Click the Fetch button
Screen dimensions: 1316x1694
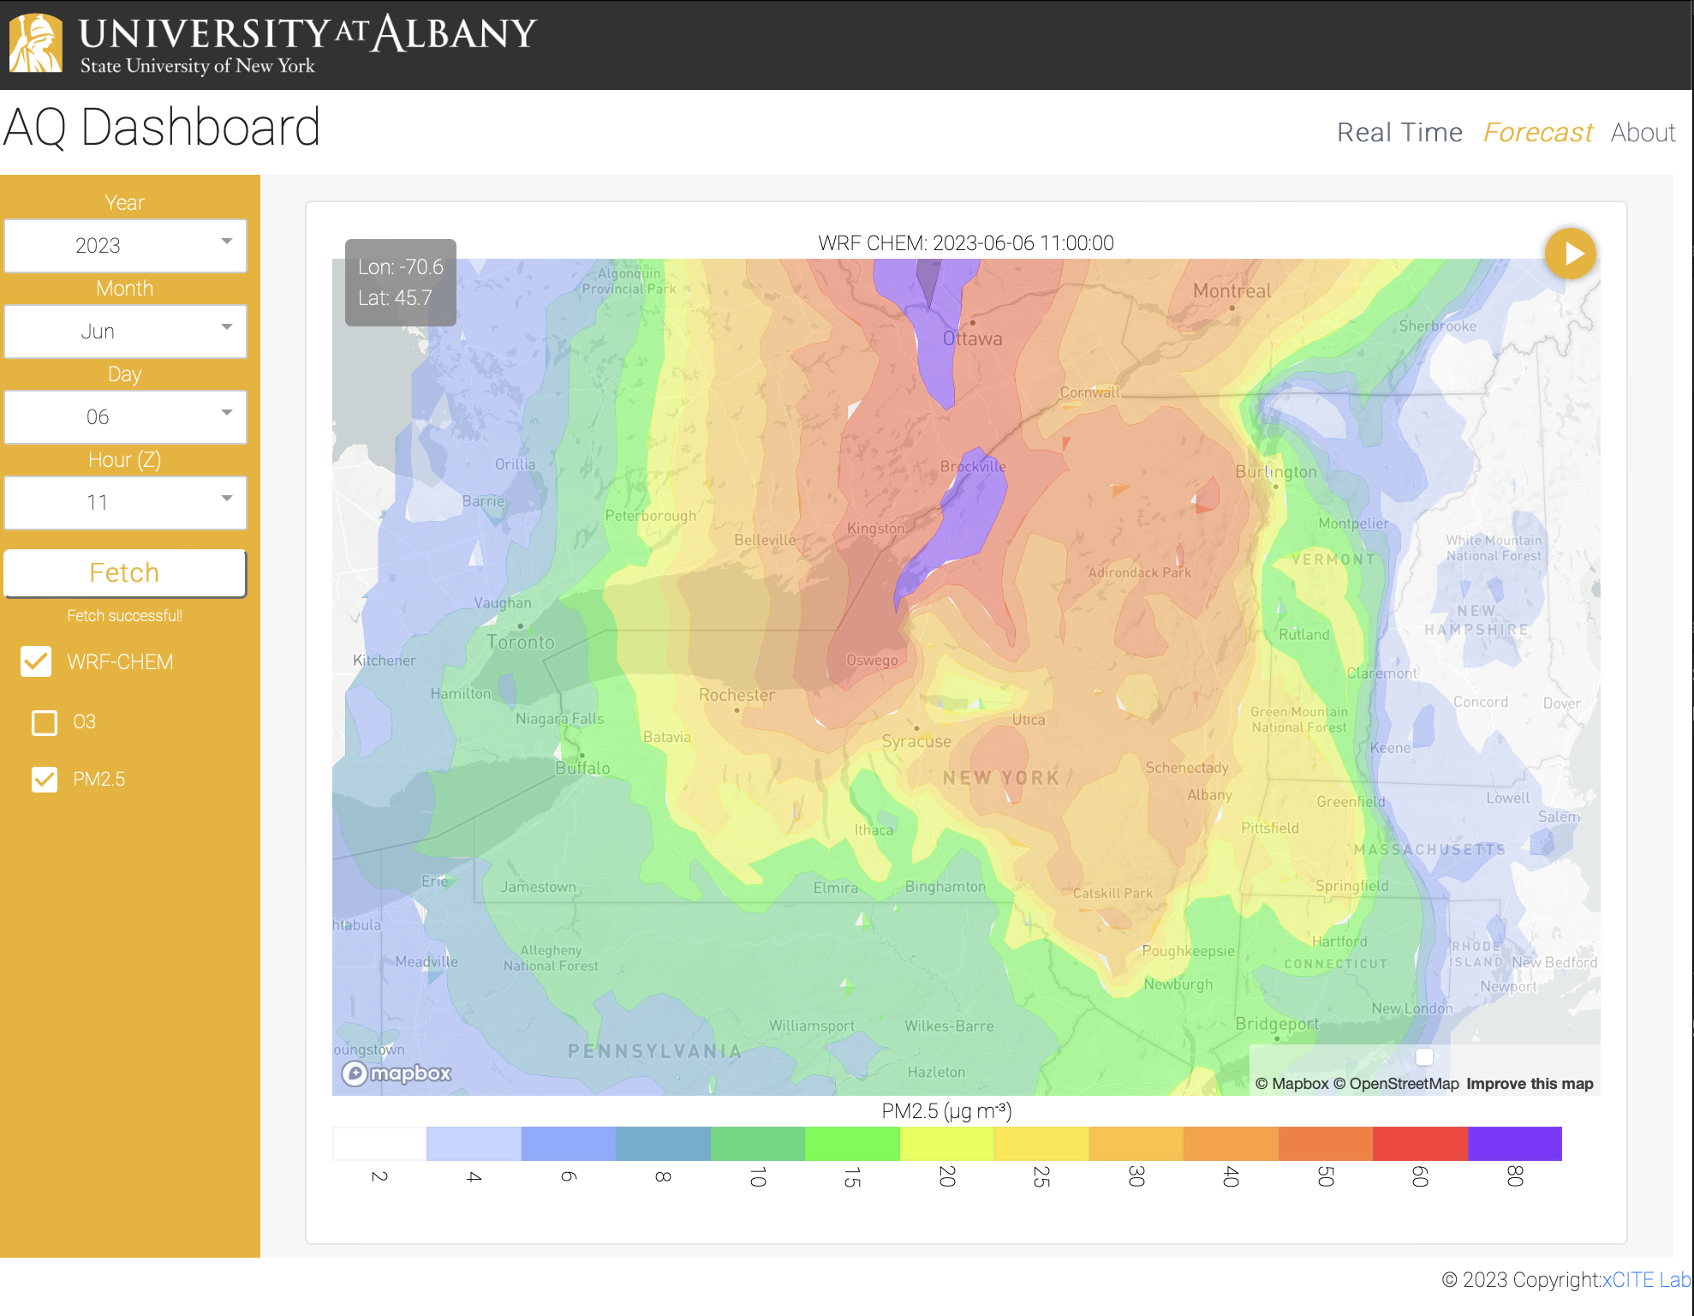(x=125, y=572)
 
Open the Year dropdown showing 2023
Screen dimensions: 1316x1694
(x=125, y=246)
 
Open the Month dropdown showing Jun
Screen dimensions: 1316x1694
(x=125, y=332)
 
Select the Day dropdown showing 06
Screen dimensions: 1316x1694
(x=125, y=417)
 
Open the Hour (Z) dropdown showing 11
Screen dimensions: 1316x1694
(x=125, y=503)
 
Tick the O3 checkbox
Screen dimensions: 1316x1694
(x=45, y=722)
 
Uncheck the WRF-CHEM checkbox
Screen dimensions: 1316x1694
(x=36, y=661)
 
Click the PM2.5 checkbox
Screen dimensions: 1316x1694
(x=45, y=779)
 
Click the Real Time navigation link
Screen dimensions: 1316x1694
(x=1399, y=133)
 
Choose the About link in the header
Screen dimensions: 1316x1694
(x=1643, y=133)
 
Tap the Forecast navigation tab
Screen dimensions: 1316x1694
(x=1537, y=133)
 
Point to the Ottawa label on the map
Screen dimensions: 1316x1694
(x=972, y=338)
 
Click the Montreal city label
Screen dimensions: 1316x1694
(x=1232, y=291)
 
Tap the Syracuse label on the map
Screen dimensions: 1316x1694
(x=916, y=741)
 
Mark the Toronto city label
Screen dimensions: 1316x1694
(x=521, y=642)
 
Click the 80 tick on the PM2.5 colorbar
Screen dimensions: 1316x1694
(x=1514, y=1176)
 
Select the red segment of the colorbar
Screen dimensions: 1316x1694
(x=1419, y=1144)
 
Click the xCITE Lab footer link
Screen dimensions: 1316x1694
(x=1646, y=1280)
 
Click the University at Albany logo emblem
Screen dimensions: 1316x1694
(x=35, y=43)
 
